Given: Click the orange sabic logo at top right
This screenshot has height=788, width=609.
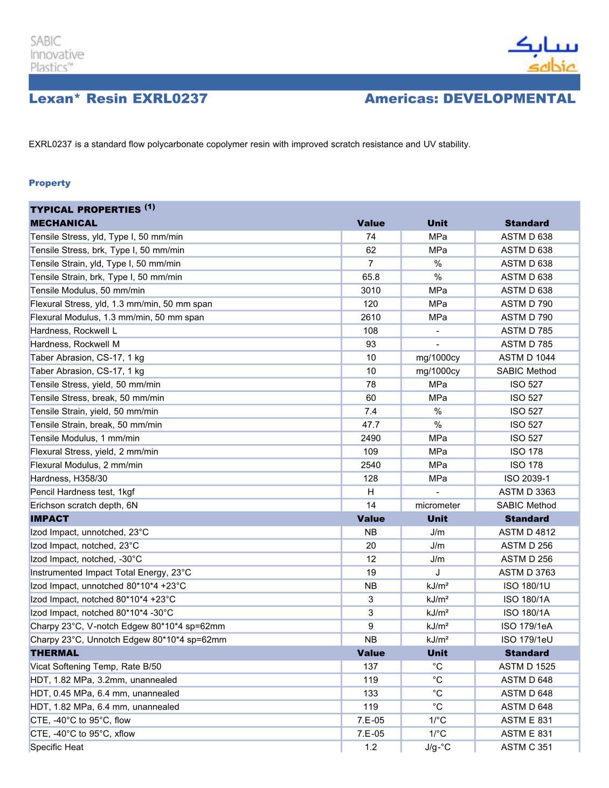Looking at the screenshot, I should pos(552,66).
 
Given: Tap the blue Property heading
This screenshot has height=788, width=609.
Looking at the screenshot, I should pos(50,183).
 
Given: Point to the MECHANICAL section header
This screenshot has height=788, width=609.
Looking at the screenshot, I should pos(64,223).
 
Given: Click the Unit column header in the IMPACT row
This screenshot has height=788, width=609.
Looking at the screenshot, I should pos(437,519).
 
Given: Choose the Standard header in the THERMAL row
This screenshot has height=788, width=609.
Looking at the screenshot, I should pos(527,653).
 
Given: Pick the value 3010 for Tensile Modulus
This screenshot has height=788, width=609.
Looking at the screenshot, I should pos(371,291).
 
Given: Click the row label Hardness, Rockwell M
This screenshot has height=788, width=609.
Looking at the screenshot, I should pos(75,344).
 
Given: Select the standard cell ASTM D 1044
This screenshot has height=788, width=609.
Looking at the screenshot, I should pos(527,357).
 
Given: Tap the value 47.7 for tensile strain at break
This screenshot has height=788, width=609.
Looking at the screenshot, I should pos(371,425).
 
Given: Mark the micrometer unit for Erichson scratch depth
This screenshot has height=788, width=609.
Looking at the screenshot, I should pos(437,505).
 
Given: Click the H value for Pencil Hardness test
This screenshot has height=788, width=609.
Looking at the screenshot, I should pos(371,492).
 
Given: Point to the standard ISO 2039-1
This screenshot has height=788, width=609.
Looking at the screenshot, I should pos(527,478).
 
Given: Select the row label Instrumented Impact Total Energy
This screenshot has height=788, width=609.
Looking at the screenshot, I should pos(110,572).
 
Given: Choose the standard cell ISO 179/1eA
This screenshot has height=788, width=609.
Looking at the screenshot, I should pos(527,626).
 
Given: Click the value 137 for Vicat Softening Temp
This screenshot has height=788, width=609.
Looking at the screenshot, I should pos(371,666).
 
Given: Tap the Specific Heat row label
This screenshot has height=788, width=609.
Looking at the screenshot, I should pos(57,747).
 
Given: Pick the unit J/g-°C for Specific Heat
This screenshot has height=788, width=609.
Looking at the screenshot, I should pos(437,747).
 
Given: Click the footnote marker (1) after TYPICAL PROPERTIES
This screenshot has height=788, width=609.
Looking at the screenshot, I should pos(149,207).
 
